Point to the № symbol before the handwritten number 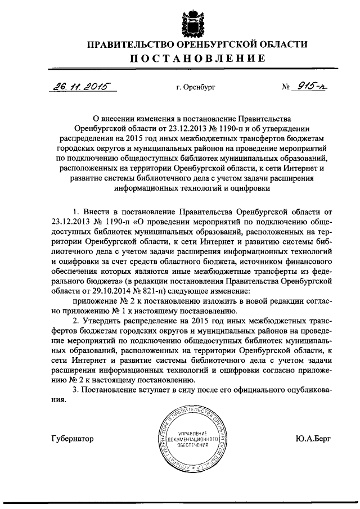286,88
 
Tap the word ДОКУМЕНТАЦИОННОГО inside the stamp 193,438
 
